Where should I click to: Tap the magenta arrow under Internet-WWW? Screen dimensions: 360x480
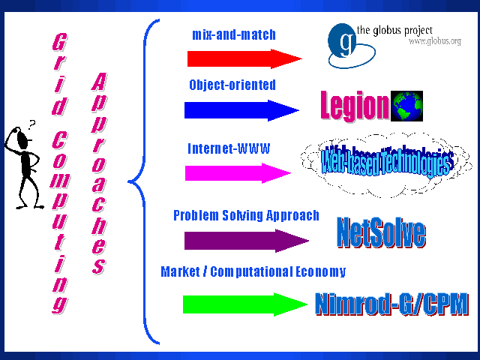[237, 173]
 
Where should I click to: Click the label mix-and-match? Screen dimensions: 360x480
[233, 34]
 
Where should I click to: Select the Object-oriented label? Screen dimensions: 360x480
[232, 85]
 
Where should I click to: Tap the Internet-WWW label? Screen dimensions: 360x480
[229, 148]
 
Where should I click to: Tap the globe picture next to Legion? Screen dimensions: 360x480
[406, 106]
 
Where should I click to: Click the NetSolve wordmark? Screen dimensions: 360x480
[381, 233]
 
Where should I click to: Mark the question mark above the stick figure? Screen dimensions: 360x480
[31, 124]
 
